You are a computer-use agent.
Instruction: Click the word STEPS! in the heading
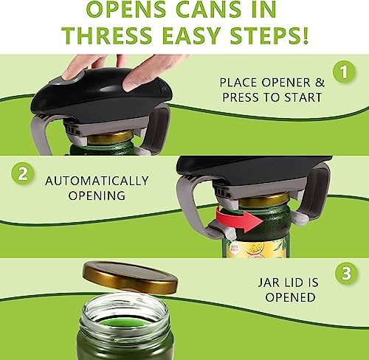coord(266,35)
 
